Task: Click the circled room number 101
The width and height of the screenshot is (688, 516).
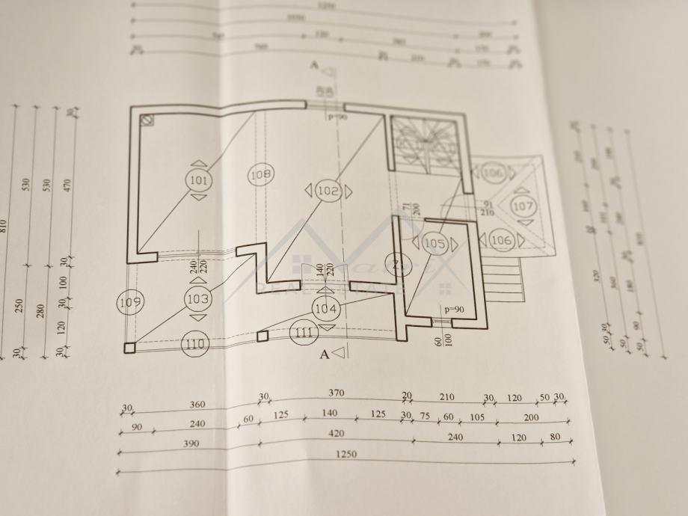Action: [x=198, y=180]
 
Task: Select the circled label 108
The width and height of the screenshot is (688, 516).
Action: [x=261, y=174]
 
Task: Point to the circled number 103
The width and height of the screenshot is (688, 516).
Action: [x=198, y=299]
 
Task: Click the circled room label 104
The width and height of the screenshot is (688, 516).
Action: [x=326, y=308]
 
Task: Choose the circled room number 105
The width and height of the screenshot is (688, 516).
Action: [x=434, y=243]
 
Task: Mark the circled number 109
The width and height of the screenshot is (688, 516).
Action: [x=130, y=301]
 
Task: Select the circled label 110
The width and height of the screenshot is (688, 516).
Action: [x=194, y=345]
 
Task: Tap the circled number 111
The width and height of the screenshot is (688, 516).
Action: [x=303, y=333]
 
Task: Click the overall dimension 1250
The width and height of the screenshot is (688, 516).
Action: [x=345, y=454]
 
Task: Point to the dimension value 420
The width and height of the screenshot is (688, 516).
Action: [x=336, y=433]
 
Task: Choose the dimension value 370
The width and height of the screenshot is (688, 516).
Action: [x=337, y=393]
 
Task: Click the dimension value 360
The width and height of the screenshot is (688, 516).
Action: [x=197, y=405]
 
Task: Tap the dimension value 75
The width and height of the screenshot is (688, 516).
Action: [x=425, y=417]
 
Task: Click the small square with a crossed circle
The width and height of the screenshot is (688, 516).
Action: [x=147, y=120]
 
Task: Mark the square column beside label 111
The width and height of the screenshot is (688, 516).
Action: [x=262, y=337]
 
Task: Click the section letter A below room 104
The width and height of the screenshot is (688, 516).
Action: [x=325, y=355]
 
